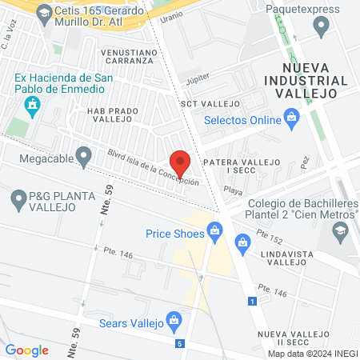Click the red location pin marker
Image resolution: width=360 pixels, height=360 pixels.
tap(181, 162)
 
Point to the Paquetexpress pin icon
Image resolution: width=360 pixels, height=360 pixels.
tap(322, 27)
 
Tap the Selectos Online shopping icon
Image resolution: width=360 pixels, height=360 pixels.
tap(292, 120)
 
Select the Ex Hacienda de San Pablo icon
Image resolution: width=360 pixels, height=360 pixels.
tap(32, 105)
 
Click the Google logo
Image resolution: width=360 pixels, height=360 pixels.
tap(26, 350)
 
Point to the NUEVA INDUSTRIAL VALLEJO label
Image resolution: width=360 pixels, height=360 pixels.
tap(317, 81)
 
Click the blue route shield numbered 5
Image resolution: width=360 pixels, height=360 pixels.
tap(181, 343)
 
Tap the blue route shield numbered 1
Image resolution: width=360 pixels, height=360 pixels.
tap(253, 301)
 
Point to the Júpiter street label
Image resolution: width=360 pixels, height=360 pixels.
tap(196, 79)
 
